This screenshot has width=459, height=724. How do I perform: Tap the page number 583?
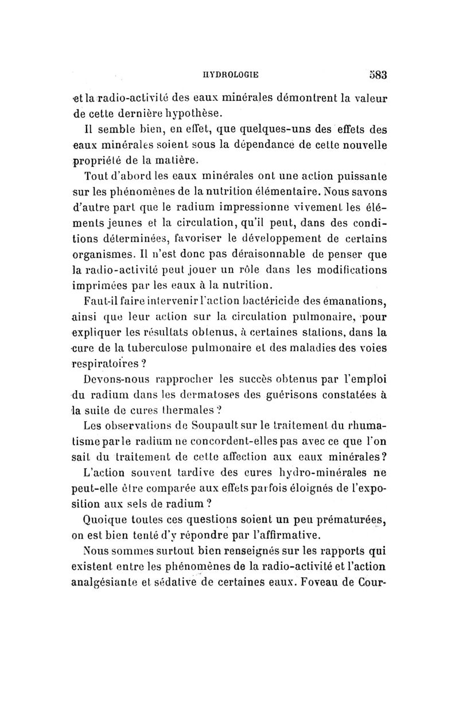tap(376, 73)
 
